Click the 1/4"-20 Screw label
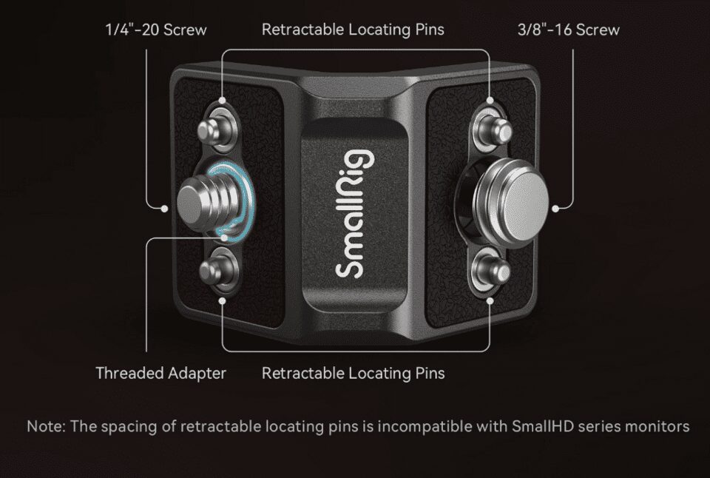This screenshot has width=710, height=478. pos(156,30)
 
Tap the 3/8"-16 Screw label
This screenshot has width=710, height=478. pos(568,30)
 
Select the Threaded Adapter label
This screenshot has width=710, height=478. pos(160,374)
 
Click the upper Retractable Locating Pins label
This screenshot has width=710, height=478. pos(353,30)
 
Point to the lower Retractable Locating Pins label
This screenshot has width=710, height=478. pos(354,374)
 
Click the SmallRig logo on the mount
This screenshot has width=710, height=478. pos(356,213)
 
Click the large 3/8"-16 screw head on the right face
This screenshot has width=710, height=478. pos(510,201)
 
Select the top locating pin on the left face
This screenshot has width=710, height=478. pos(214,129)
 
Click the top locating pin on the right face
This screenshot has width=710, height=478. pos(496,129)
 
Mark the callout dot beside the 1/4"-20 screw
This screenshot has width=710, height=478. pos(164,209)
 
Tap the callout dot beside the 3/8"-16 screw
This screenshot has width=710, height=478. pos(555,209)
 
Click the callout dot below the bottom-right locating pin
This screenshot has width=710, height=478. pos(490,301)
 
